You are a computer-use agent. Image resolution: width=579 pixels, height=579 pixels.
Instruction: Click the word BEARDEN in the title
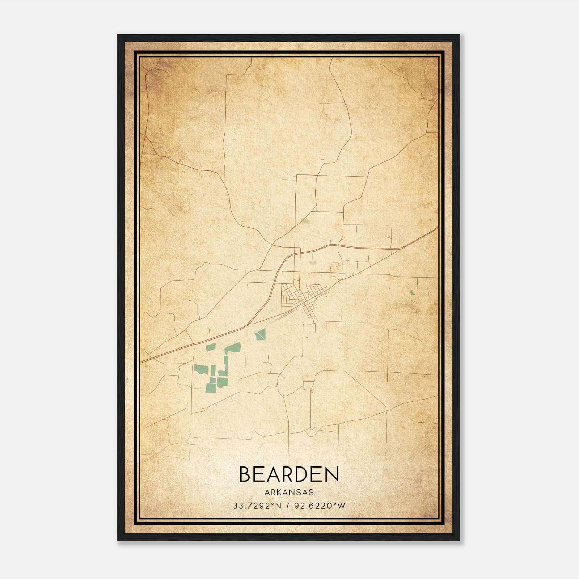pyautogui.click(x=289, y=474)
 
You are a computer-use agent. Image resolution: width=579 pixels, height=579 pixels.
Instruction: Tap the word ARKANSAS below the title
pyautogui.click(x=289, y=493)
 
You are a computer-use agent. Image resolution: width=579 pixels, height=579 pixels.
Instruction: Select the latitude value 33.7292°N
pyautogui.click(x=257, y=506)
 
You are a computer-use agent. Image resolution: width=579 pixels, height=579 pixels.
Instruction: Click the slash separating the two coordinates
pyautogui.click(x=287, y=506)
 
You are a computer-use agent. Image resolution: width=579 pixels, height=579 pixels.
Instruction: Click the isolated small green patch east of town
pyautogui.click(x=412, y=292)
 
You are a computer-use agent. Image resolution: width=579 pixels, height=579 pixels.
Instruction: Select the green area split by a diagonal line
pyautogui.click(x=260, y=334)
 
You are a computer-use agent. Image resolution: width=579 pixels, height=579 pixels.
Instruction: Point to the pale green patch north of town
pyautogui.click(x=305, y=220)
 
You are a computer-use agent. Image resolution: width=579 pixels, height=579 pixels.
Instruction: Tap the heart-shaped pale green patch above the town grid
pyautogui.click(x=312, y=260)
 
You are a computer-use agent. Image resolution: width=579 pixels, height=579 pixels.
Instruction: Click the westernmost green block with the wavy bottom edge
pyautogui.click(x=201, y=369)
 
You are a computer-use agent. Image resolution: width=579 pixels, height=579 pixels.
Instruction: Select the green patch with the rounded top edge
pyautogui.click(x=233, y=348)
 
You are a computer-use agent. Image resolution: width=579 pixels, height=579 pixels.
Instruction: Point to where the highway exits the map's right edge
pyautogui.click(x=437, y=228)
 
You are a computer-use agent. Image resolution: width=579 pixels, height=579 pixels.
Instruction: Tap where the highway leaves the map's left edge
pyautogui.click(x=141, y=362)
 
